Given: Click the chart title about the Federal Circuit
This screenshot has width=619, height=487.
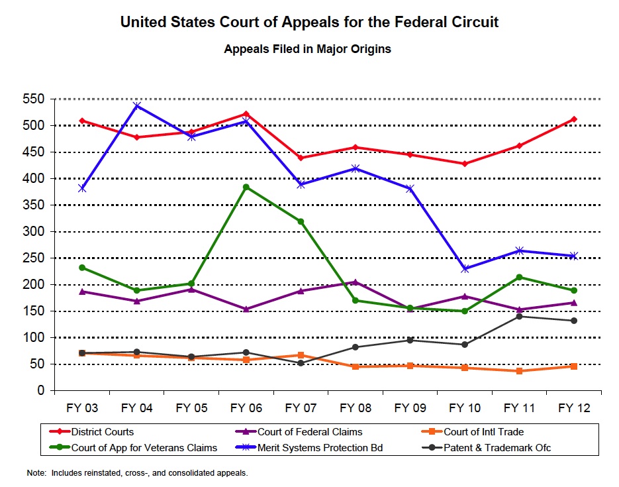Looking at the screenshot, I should tap(309, 23).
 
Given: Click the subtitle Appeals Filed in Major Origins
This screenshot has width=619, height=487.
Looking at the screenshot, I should tap(307, 50).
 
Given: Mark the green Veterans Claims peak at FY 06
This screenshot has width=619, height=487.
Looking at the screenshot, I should tap(246, 188).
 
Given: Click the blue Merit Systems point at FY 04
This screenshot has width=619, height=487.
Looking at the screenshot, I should tap(137, 106).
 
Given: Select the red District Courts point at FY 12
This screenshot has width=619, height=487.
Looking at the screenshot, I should tap(574, 119).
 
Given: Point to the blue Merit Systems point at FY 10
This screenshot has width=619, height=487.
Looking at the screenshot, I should tap(465, 269).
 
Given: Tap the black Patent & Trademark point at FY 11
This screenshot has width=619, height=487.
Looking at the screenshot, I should tap(520, 317).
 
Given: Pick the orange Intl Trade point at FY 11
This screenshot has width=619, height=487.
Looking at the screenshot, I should tap(520, 371).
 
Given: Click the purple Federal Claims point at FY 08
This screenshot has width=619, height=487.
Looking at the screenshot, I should tap(356, 282).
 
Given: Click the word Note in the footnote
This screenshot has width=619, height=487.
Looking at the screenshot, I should tap(36, 473).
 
